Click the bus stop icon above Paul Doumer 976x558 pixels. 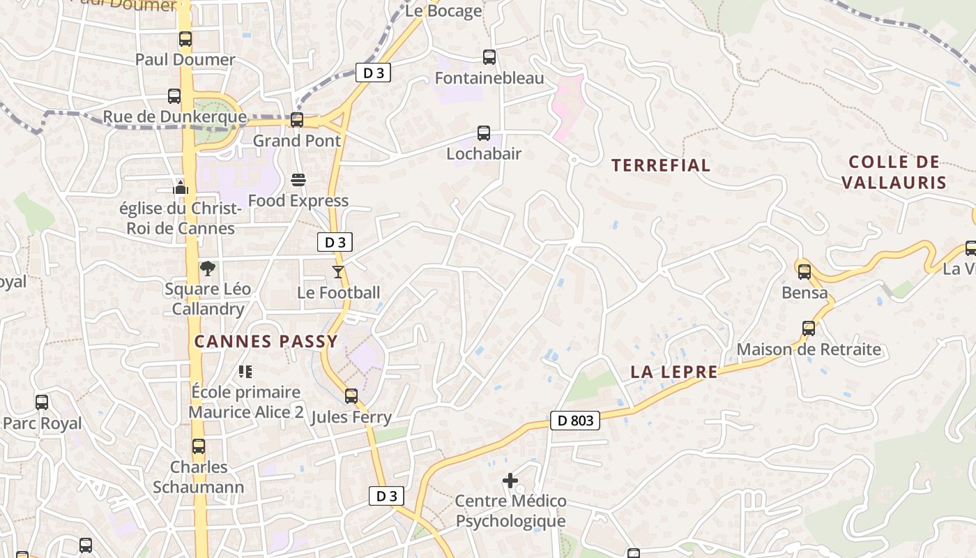click(185, 39)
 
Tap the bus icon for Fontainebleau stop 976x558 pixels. click(489, 57)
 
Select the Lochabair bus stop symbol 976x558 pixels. click(483, 133)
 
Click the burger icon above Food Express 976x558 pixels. click(298, 180)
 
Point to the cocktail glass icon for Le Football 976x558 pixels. click(338, 271)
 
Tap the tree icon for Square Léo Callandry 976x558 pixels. click(208, 268)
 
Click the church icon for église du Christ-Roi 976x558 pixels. click(181, 187)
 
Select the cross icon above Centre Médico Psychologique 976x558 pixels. click(510, 480)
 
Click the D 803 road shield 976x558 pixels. click(575, 420)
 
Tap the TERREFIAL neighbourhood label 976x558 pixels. click(661, 165)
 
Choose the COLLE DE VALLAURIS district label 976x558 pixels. click(894, 172)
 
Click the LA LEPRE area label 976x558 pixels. click(673, 372)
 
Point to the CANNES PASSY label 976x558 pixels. click(266, 341)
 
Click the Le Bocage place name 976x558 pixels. click(443, 10)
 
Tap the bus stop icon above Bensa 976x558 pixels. click(805, 271)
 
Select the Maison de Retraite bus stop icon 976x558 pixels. click(809, 328)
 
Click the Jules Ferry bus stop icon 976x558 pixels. click(351, 396)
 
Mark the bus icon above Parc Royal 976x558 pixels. click(42, 402)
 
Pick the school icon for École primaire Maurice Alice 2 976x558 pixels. click(245, 371)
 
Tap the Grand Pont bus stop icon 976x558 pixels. click(297, 120)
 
